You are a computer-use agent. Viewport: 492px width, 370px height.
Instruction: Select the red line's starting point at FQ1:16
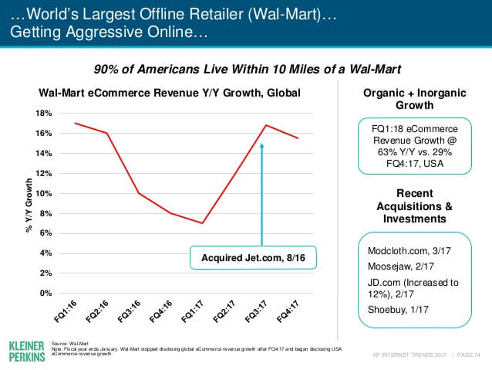[75, 123]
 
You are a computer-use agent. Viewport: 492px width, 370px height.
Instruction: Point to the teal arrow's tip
[262, 144]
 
